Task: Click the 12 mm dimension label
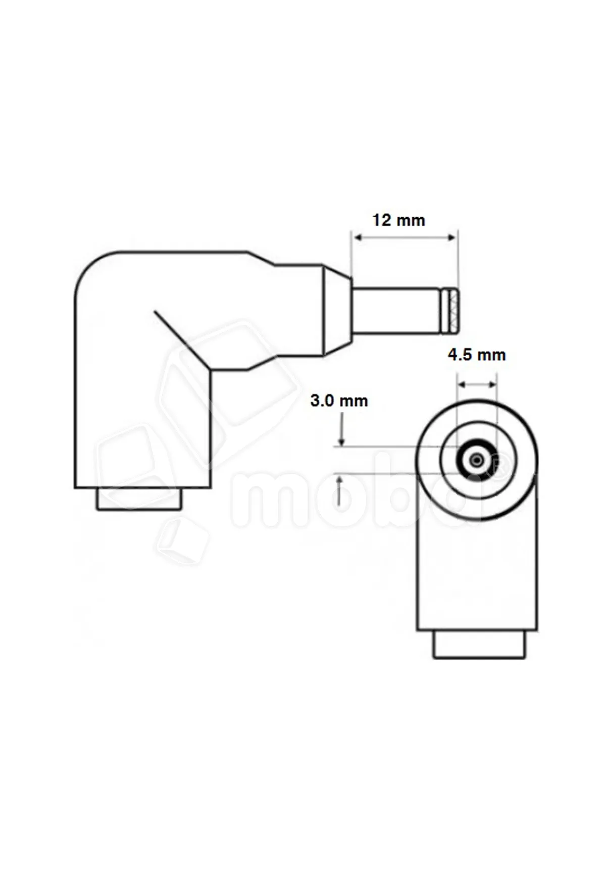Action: [x=398, y=220]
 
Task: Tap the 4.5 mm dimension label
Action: [x=477, y=355]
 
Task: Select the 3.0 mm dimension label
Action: [x=339, y=401]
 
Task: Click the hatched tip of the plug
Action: [x=450, y=310]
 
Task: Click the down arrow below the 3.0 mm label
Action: [x=342, y=429]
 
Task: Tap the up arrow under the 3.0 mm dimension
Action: [x=341, y=490]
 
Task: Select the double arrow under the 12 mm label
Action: [x=405, y=237]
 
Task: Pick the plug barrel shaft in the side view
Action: [x=396, y=310]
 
